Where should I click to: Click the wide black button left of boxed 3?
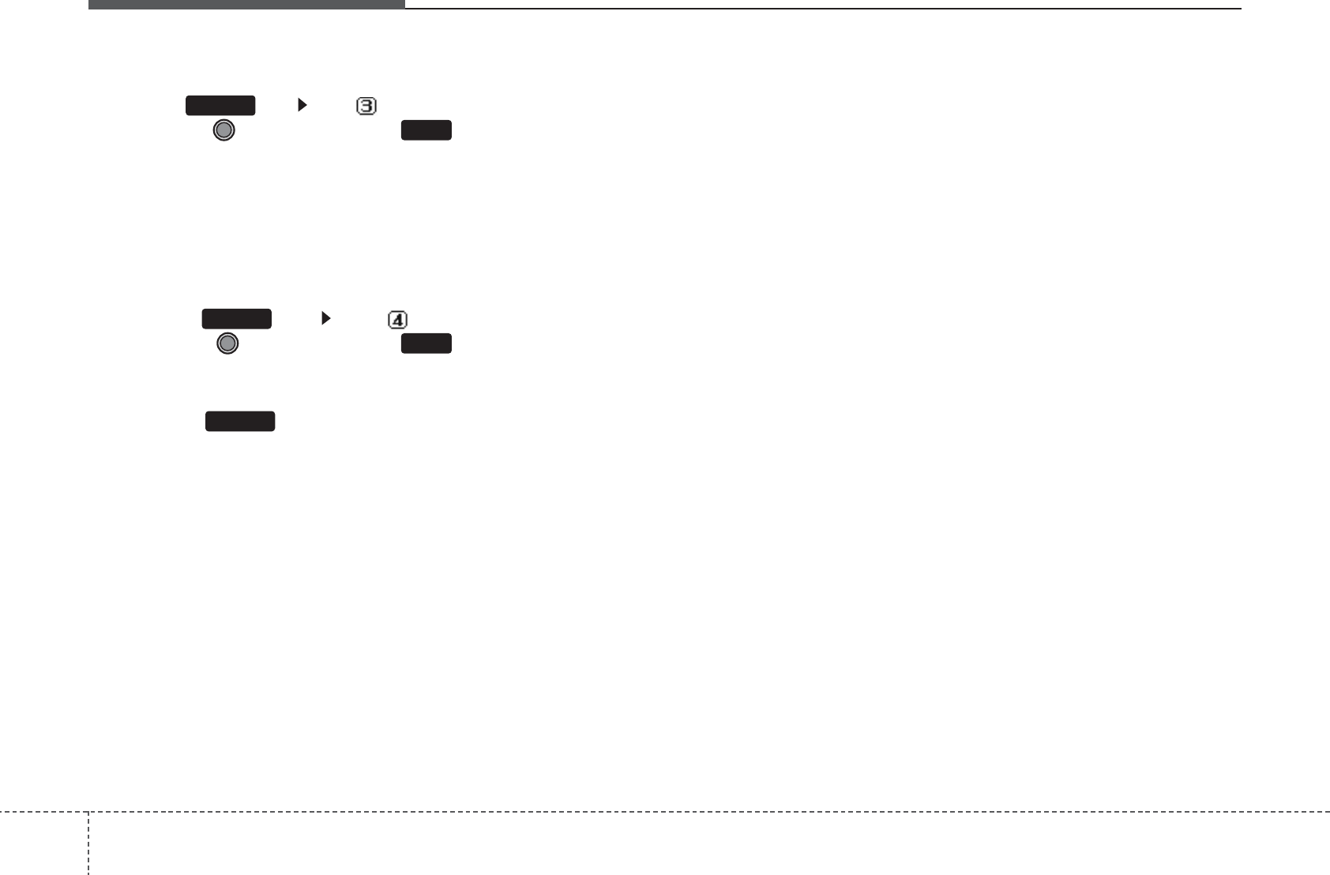tap(220, 106)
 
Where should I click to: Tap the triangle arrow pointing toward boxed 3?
tap(301, 105)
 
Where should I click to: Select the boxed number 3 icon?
tap(366, 106)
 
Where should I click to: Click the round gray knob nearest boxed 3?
tap(224, 130)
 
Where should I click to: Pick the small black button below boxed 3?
tap(426, 130)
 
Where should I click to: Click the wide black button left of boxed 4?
tap(236, 319)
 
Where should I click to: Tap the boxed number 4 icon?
tap(397, 320)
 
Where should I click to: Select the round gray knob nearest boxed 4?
tap(227, 344)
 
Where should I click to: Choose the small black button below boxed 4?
tap(426, 344)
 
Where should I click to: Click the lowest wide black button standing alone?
tap(240, 421)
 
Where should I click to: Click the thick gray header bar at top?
tap(246, 4)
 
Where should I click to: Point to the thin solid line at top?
tap(821, 9)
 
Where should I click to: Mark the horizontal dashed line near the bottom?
tap(711, 812)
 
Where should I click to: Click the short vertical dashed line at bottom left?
tap(88, 843)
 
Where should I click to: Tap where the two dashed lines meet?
tap(88, 812)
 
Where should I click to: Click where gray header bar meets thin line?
tap(405, 7)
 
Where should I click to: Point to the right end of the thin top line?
tap(1241, 9)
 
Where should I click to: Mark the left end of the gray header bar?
tap(89, 4)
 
